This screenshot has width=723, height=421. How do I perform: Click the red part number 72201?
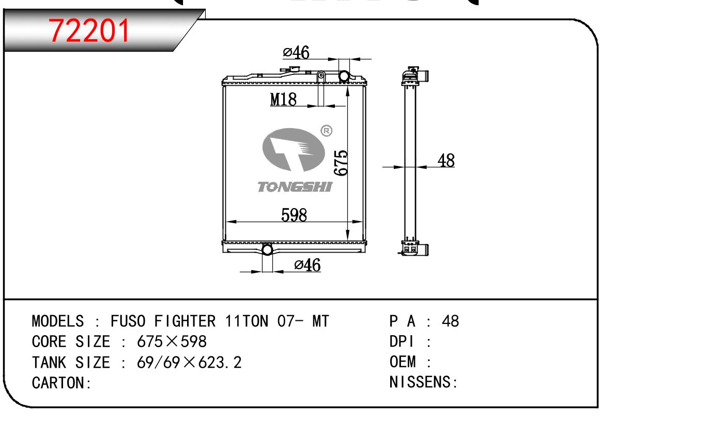pos(89,30)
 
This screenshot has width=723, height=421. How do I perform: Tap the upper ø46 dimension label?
pos(296,52)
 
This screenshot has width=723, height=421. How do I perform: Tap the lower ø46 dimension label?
pos(307,265)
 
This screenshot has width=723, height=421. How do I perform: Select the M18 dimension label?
pos(283,99)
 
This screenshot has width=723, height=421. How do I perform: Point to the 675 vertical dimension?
pos(341,163)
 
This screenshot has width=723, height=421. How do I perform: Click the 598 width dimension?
pos(294,215)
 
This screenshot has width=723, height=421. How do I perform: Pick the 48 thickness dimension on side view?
pos(446,161)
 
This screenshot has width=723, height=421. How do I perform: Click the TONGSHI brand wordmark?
pos(295,187)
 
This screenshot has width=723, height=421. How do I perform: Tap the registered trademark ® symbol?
pos(326,131)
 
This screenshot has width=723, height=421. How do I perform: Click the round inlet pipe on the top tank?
pos(344,76)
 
